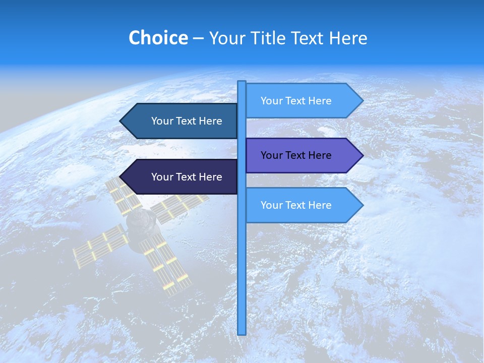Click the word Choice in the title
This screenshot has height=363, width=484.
pyautogui.click(x=158, y=38)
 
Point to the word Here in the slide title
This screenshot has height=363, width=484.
pyautogui.click(x=348, y=38)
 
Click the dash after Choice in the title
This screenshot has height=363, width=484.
pyautogui.click(x=198, y=39)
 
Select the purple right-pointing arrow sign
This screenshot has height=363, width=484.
pyautogui.click(x=302, y=155)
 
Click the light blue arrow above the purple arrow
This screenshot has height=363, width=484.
pyautogui.click(x=302, y=101)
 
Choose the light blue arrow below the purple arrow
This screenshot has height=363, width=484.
pyautogui.click(x=302, y=205)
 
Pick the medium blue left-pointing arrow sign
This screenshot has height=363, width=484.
pyautogui.click(x=181, y=121)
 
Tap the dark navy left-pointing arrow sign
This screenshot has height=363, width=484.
pyautogui.click(x=181, y=177)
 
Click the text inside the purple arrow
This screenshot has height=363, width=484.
pyautogui.click(x=296, y=155)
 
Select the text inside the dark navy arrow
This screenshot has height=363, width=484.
pyautogui.click(x=187, y=177)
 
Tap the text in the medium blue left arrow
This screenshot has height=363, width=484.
pyautogui.click(x=187, y=121)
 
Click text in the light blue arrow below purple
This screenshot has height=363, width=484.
pyautogui.click(x=296, y=205)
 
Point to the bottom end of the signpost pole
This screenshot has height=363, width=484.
pyautogui.click(x=242, y=333)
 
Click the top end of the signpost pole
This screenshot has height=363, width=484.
pyautogui.click(x=242, y=83)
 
